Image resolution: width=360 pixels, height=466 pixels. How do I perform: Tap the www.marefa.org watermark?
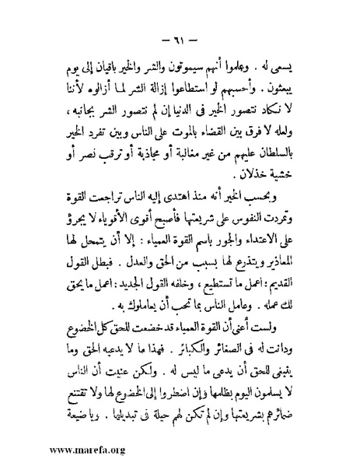point(75,450)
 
